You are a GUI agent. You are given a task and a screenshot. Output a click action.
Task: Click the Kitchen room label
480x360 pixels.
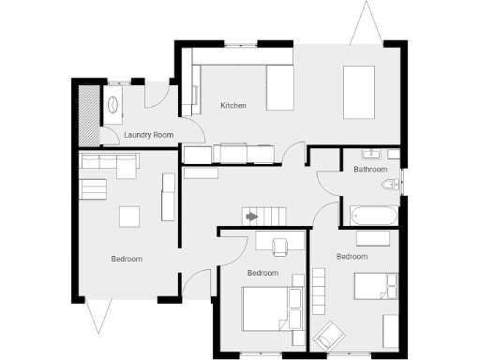[x=233, y=106]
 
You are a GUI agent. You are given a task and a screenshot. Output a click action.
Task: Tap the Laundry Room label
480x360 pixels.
[x=149, y=136]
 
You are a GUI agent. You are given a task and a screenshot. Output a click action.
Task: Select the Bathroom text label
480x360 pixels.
[x=370, y=170]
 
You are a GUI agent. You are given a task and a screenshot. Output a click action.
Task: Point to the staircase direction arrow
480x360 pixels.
[x=251, y=216]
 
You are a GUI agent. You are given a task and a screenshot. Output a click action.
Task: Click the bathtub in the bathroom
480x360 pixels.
[x=373, y=216]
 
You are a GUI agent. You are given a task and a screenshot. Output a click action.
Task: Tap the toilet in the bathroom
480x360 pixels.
[x=393, y=184]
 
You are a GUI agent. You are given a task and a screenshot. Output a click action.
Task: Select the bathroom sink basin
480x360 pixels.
[x=373, y=154]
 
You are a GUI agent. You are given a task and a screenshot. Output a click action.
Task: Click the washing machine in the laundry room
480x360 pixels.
[x=112, y=104]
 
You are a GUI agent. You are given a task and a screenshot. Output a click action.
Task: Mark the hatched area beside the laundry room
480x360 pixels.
[x=88, y=113]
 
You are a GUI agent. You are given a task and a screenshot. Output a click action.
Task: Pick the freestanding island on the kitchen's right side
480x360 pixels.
[x=359, y=92]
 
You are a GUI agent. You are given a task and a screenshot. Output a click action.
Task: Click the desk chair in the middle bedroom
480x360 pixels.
[x=280, y=247]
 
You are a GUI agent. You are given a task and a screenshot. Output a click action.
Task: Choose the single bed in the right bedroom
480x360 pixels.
[x=376, y=285]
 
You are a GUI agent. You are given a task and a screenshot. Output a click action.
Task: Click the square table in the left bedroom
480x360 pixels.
[x=130, y=217]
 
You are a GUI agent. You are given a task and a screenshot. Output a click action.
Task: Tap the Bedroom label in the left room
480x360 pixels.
[x=127, y=259]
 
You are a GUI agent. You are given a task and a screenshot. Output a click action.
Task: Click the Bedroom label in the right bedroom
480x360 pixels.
[x=352, y=256]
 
